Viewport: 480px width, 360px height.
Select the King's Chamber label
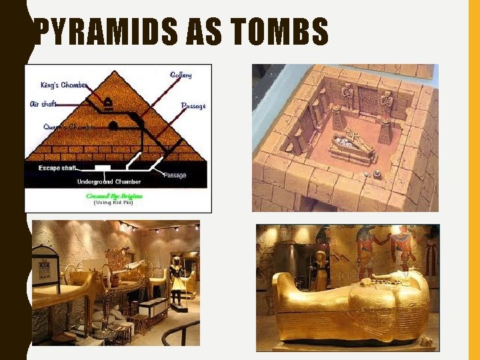tap(64, 85)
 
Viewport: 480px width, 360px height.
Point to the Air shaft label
tap(44, 103)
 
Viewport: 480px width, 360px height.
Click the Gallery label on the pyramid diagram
tap(181, 75)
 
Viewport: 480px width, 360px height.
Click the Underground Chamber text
tap(109, 181)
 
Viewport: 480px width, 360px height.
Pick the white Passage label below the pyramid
tap(175, 175)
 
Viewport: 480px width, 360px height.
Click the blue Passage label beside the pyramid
tap(193, 105)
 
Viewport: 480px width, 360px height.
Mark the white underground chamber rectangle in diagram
tap(103, 168)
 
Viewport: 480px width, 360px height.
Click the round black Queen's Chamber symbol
tap(113, 125)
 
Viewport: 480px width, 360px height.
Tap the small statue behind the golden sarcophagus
tap(321, 270)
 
